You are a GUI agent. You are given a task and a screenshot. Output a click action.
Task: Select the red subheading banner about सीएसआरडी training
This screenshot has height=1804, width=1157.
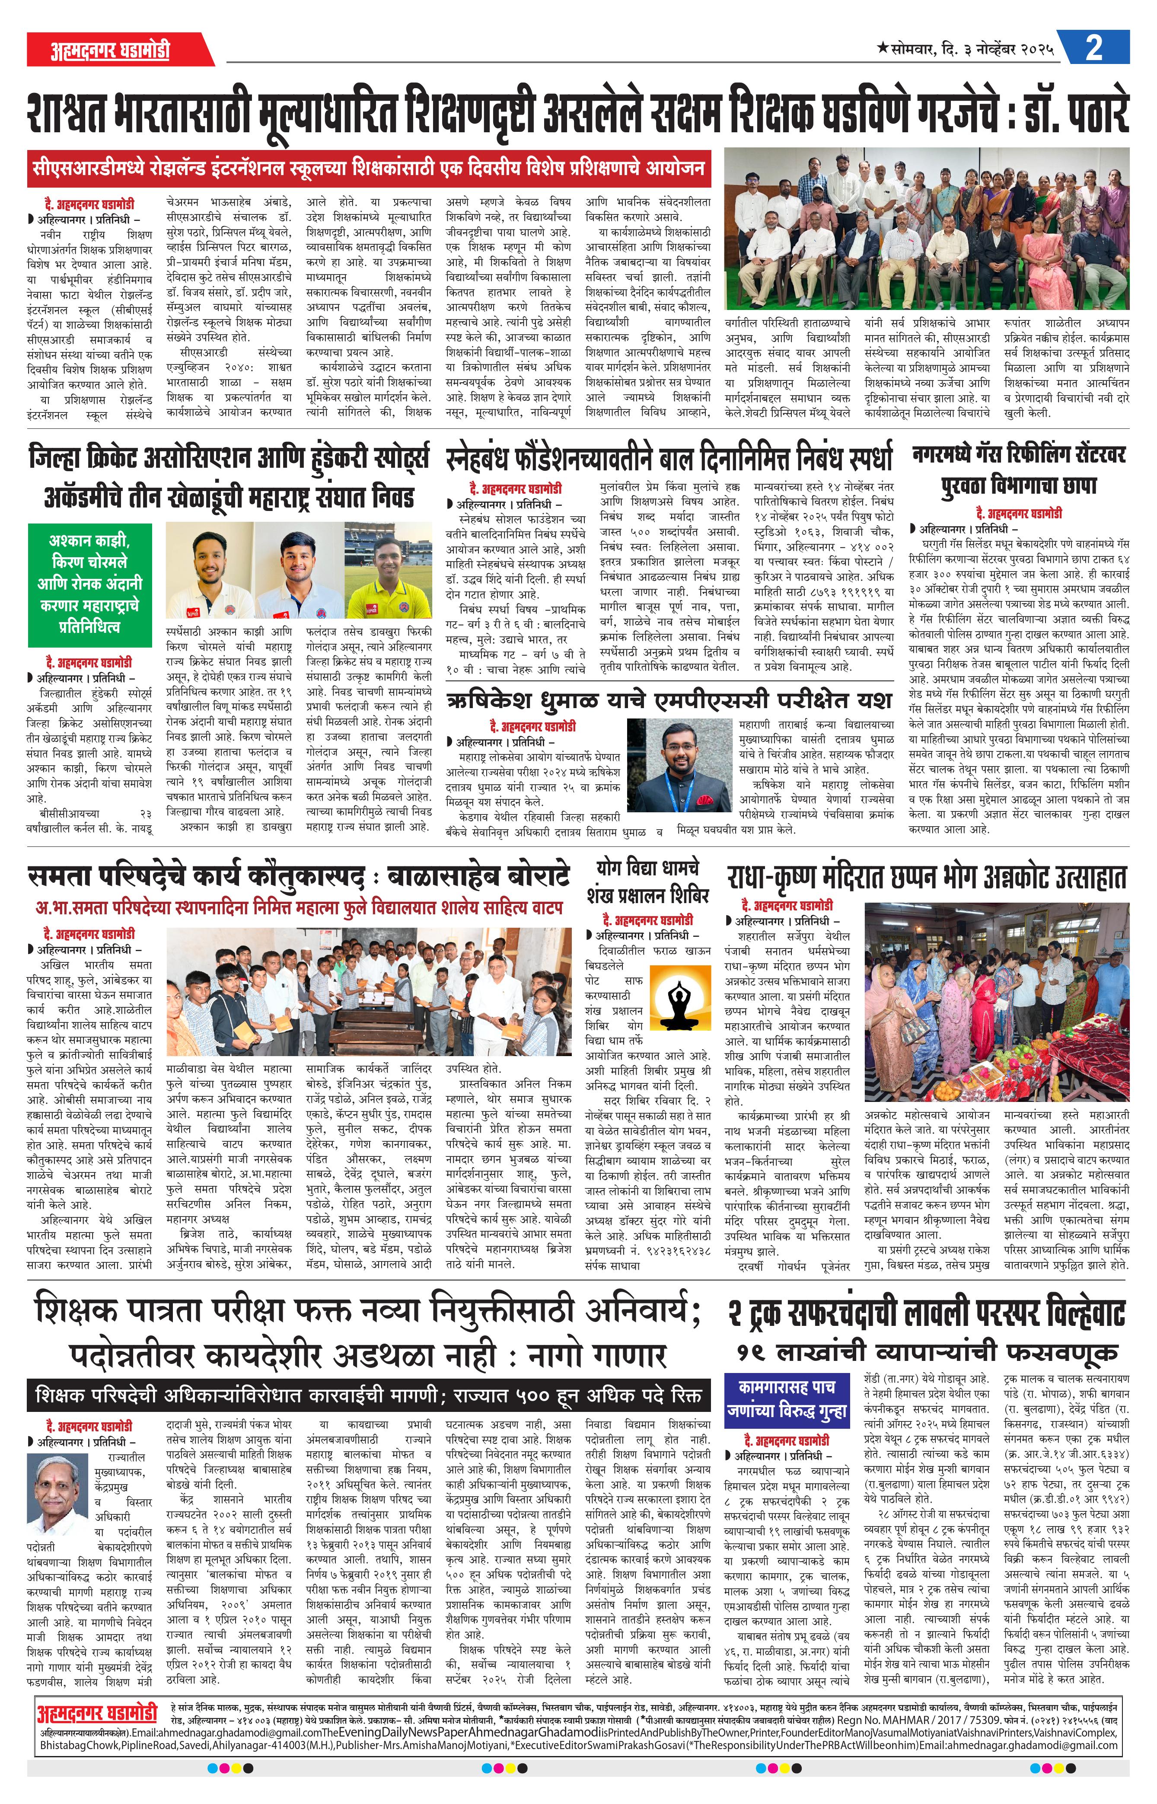coord(368,167)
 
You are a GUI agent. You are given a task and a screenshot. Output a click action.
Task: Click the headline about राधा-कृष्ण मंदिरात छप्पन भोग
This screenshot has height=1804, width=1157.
coord(927,877)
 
